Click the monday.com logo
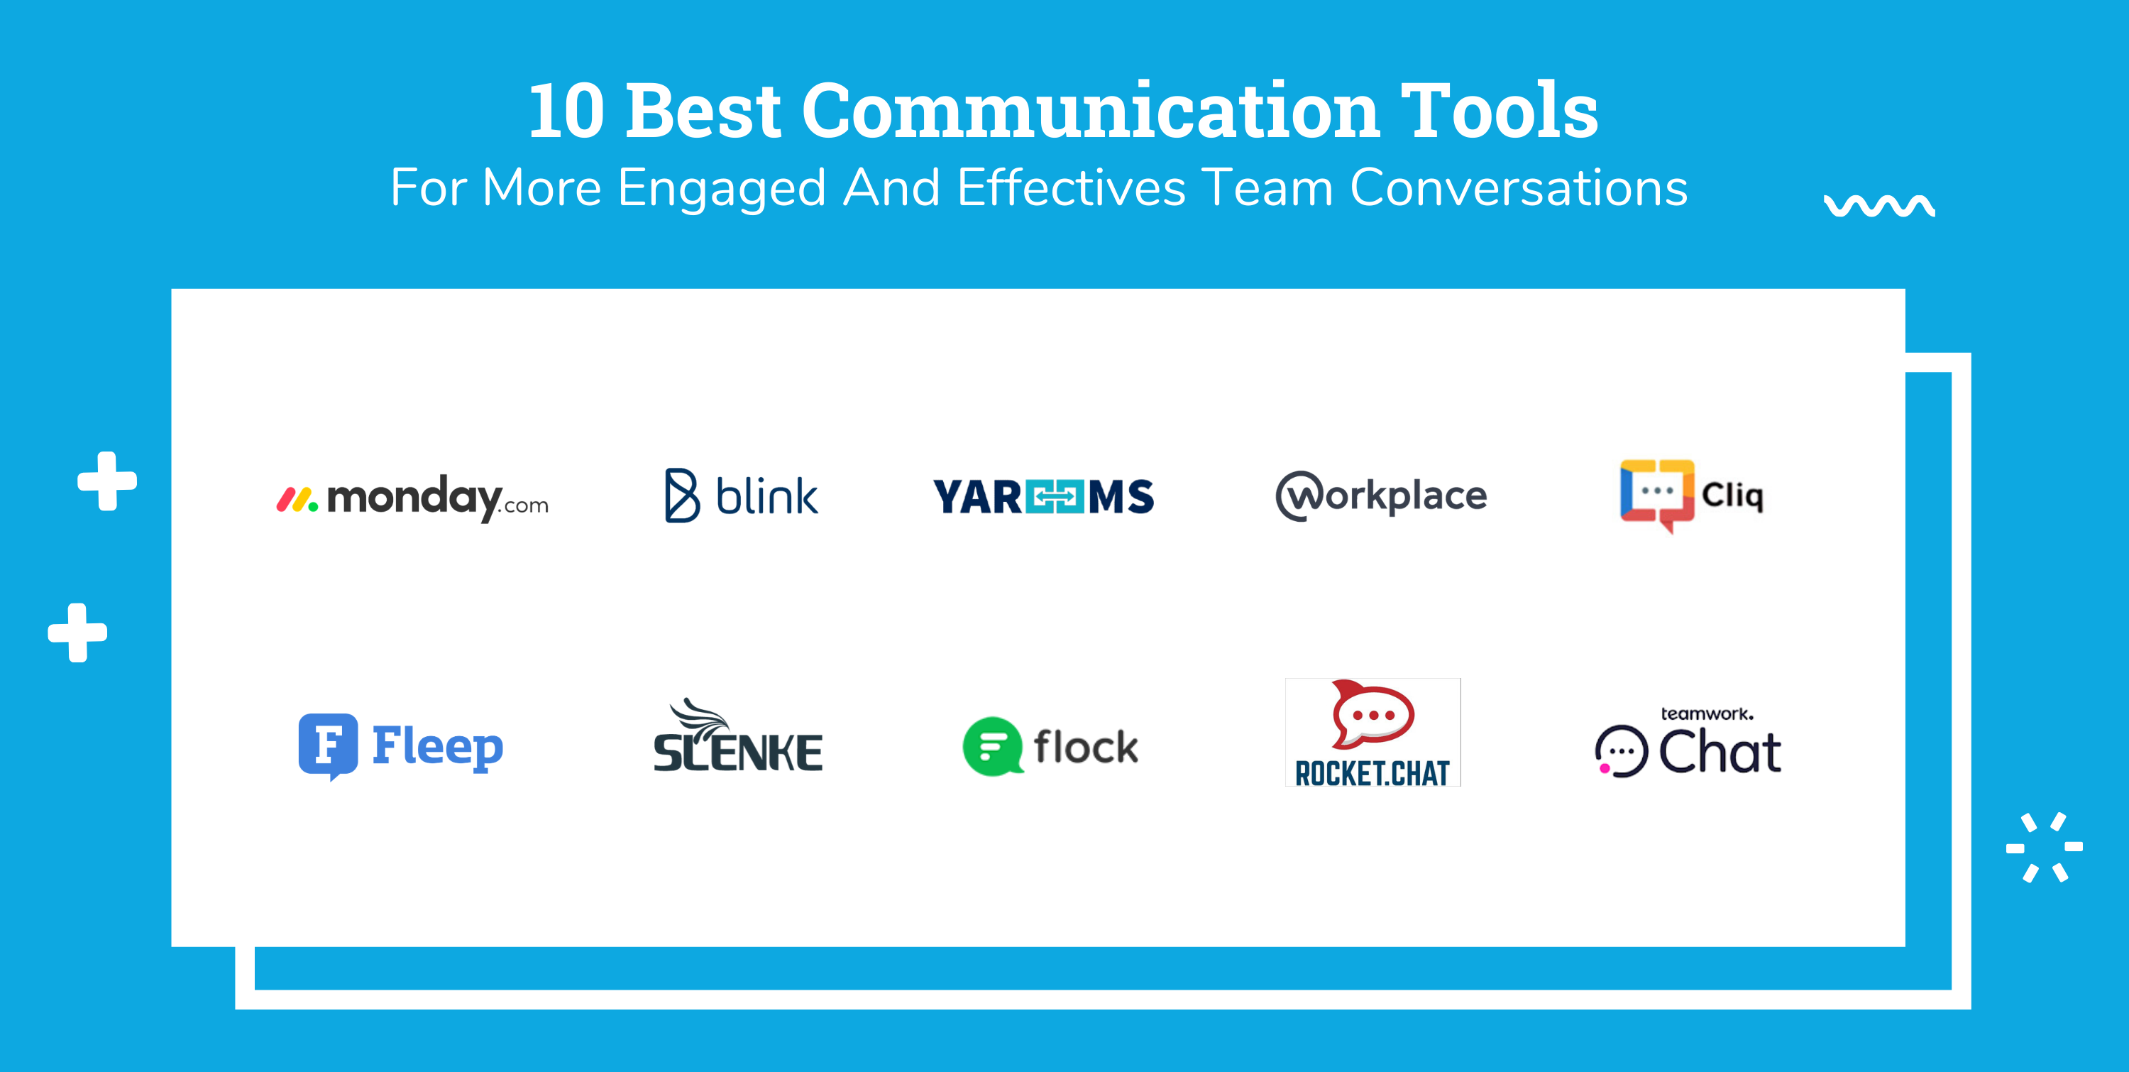point(412,498)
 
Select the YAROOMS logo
point(1043,497)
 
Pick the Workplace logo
point(1381,496)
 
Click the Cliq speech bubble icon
point(1656,493)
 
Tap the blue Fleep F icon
point(328,745)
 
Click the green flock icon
point(993,746)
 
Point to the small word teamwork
point(1706,713)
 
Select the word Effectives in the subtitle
point(1071,187)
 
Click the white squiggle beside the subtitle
point(1878,206)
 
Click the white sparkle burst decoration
point(2043,847)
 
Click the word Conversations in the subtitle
point(1518,187)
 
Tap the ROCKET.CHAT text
point(1372,774)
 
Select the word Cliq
point(1732,496)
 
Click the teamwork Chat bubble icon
point(1621,751)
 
